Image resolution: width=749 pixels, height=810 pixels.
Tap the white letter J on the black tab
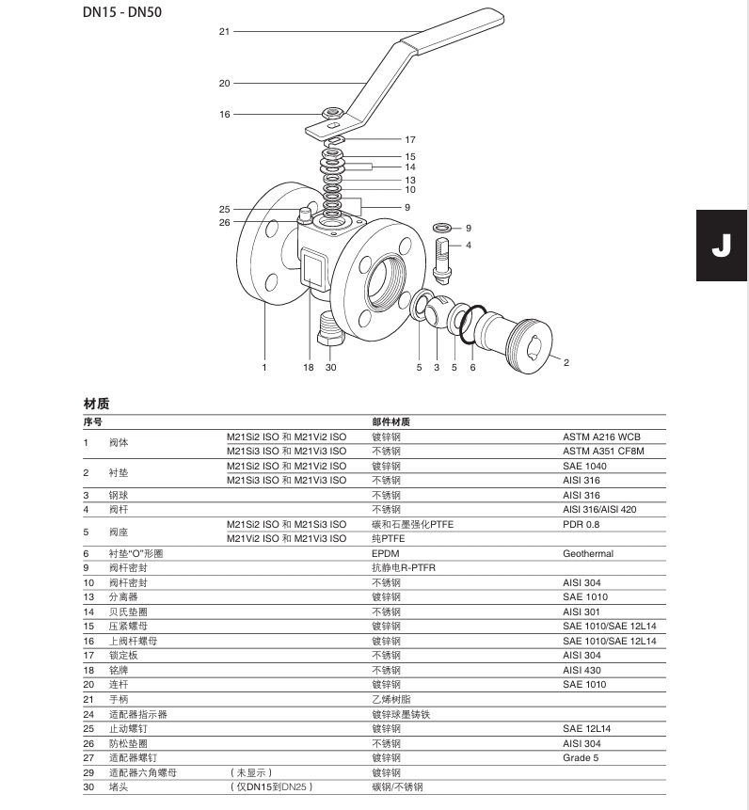tap(721, 246)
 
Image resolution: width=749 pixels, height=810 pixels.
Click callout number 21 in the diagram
tap(224, 31)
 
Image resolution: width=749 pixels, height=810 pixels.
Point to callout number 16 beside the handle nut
tap(224, 114)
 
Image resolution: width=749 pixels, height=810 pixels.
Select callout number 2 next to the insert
tap(566, 361)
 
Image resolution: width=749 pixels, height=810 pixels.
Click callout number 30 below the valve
tap(330, 368)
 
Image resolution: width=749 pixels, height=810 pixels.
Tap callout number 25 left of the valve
tap(224, 209)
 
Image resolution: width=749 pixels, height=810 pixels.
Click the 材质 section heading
tap(96, 404)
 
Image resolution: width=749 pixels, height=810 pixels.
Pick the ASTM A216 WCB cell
tap(601, 437)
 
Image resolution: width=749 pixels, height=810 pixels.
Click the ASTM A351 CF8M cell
tap(602, 451)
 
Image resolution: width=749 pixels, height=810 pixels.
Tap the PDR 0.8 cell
tap(582, 524)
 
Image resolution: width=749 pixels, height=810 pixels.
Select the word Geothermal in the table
tap(588, 554)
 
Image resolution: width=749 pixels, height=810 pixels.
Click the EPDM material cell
tap(386, 554)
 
